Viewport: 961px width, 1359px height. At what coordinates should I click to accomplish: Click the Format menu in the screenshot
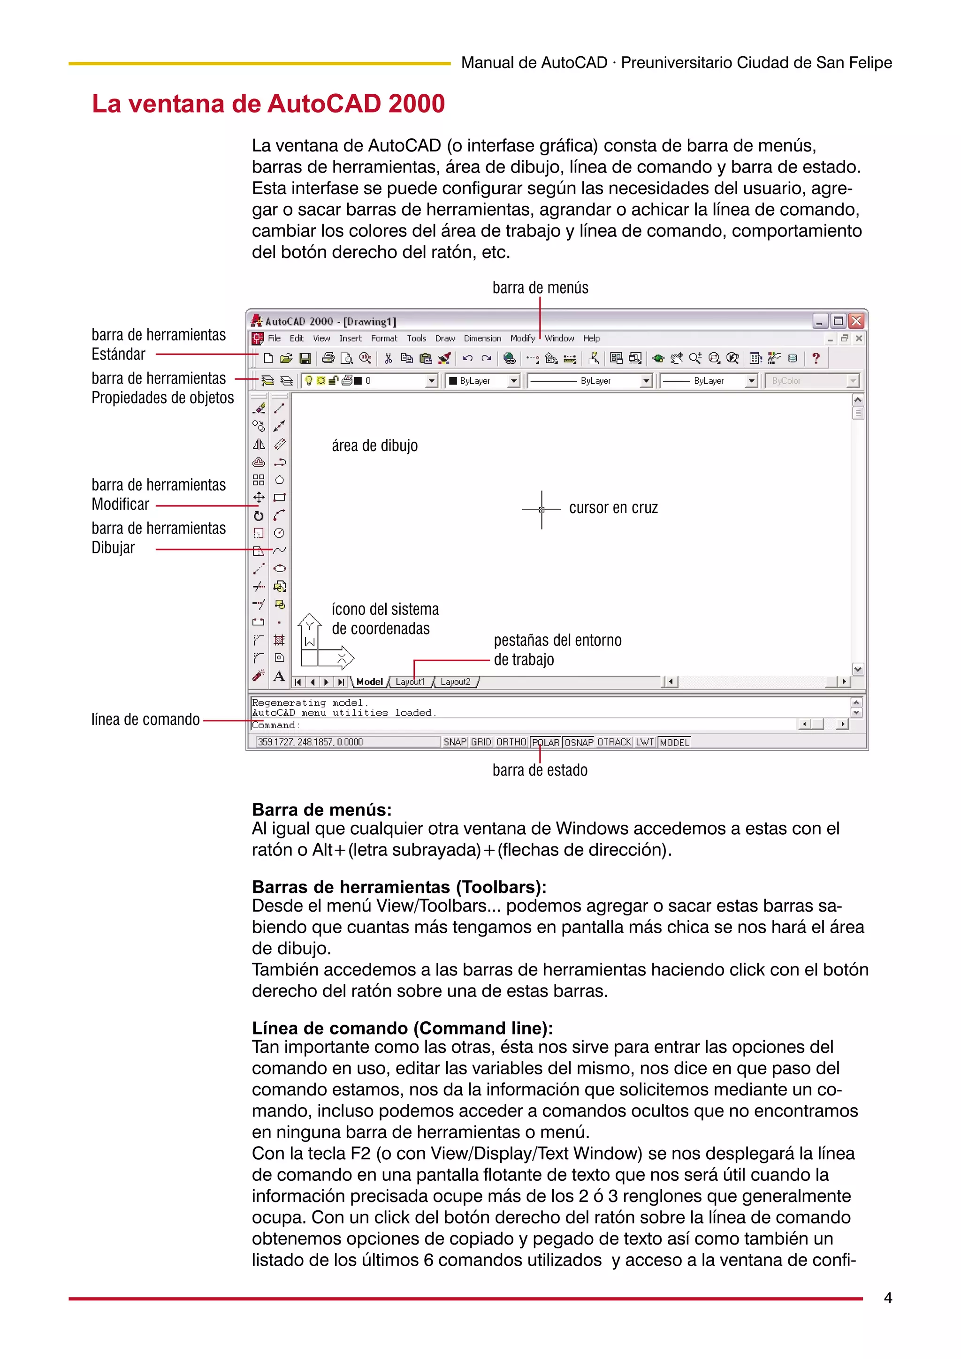(384, 339)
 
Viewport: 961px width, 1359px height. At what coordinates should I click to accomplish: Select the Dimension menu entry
(482, 339)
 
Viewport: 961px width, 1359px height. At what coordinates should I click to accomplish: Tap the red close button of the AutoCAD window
(855, 321)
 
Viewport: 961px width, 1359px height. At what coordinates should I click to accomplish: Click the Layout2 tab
(455, 682)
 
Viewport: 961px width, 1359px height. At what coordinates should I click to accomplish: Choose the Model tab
(369, 682)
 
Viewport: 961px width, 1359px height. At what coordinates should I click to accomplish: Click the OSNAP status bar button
(579, 742)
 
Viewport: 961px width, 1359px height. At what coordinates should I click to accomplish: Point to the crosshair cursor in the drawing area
(541, 509)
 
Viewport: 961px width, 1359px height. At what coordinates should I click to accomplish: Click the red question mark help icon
(816, 358)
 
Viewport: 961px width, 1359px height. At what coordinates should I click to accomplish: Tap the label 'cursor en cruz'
(613, 508)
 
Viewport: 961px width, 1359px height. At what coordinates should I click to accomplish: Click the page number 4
(888, 1298)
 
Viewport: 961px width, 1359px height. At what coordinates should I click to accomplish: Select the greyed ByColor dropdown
(812, 381)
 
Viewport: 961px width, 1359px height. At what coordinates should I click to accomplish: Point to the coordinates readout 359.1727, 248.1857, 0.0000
(310, 742)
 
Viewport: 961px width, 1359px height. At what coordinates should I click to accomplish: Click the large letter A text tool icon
(279, 676)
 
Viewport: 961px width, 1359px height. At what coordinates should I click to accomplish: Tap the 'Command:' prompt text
(275, 725)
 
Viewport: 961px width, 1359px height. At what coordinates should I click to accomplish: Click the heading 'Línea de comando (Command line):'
(402, 1027)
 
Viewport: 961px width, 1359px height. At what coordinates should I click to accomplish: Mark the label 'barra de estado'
(540, 770)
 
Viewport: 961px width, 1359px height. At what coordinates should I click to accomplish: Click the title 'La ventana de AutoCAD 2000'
(268, 104)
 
